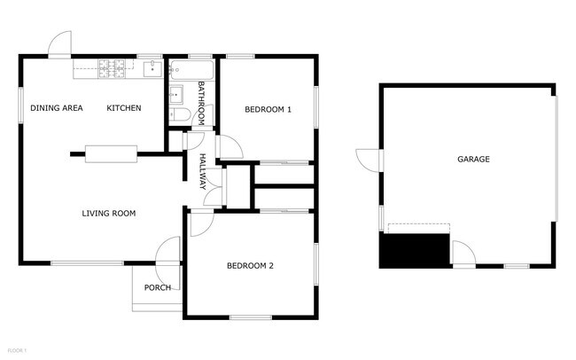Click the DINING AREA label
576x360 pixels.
coord(57,108)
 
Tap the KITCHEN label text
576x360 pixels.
coord(124,108)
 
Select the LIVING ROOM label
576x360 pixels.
coord(108,213)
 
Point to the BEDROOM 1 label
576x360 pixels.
coord(268,109)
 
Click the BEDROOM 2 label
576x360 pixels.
coord(250,266)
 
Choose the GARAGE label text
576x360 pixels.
coord(473,160)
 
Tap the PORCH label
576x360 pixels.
coord(158,287)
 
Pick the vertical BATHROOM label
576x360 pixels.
coord(202,103)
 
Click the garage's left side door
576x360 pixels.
coord(369,160)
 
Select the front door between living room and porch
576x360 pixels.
coord(167,251)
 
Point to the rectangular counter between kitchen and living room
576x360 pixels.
coord(111,153)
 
